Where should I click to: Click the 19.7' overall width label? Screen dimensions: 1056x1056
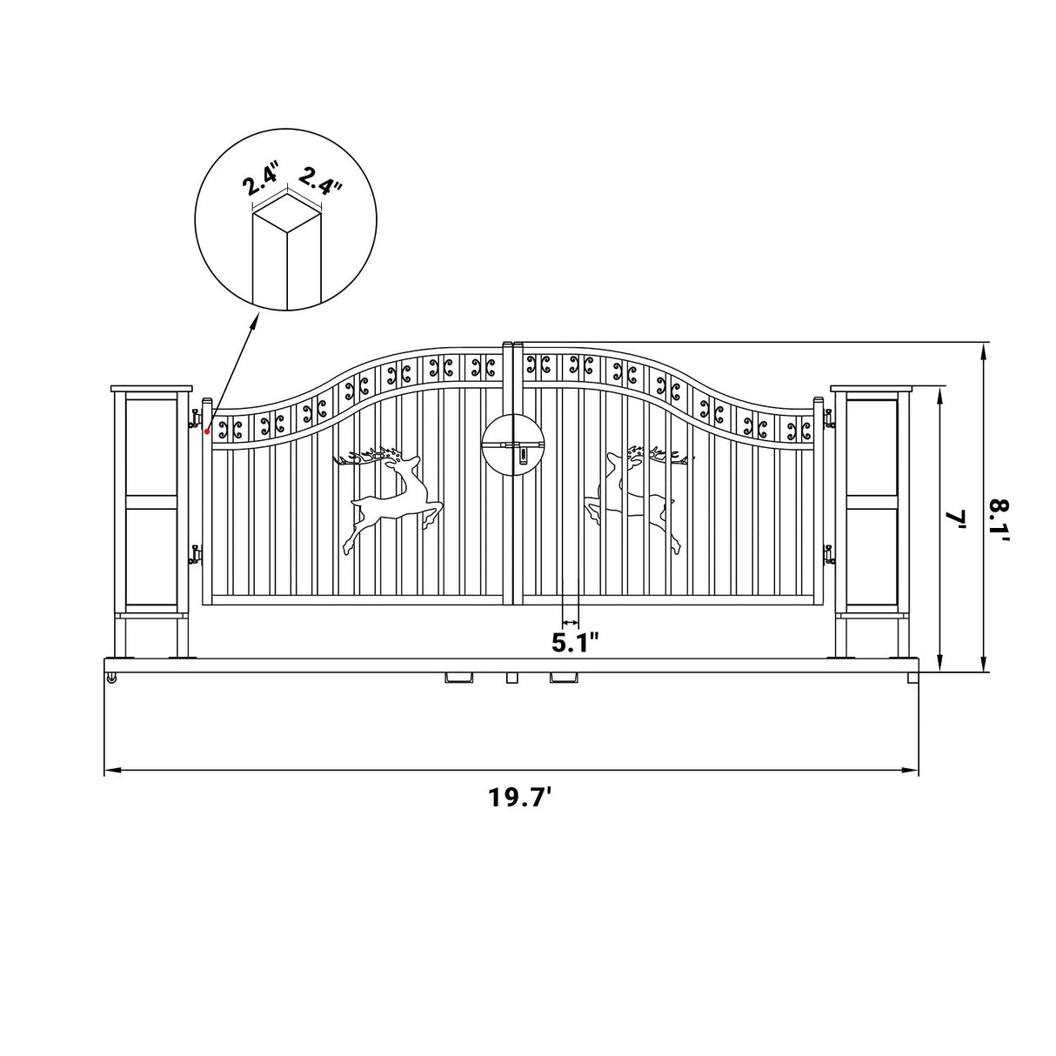pyautogui.click(x=519, y=798)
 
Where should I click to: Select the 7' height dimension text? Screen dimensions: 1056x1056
pyautogui.click(x=957, y=521)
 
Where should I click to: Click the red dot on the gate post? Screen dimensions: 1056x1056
pyautogui.click(x=206, y=431)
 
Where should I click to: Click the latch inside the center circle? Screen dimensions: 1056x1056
pyautogui.click(x=516, y=446)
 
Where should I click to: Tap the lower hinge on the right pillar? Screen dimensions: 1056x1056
pyautogui.click(x=828, y=553)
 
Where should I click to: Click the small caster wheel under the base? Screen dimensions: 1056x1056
pyautogui.click(x=112, y=678)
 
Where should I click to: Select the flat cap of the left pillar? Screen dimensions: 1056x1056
pyautogui.click(x=151, y=388)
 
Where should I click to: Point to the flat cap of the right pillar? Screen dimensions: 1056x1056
pyautogui.click(x=872, y=388)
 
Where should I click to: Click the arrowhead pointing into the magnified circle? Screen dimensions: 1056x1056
pyautogui.click(x=255, y=322)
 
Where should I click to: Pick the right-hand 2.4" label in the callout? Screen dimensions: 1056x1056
pyautogui.click(x=320, y=181)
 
